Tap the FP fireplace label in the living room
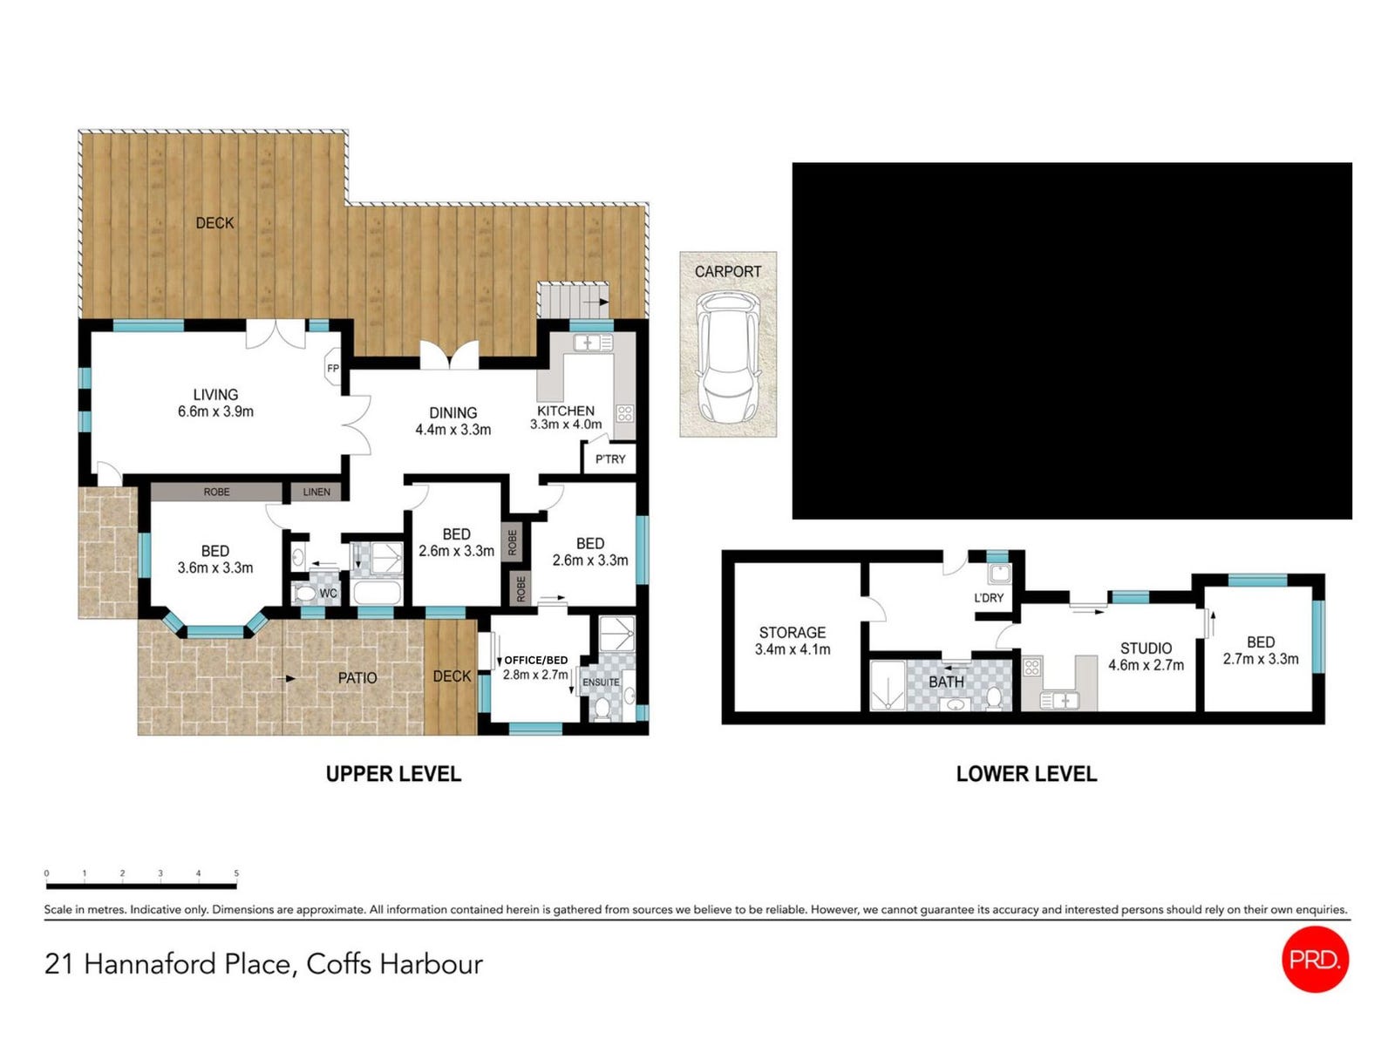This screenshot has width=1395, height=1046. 332,369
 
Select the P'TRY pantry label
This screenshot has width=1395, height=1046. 610,459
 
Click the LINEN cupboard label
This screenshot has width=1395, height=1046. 316,492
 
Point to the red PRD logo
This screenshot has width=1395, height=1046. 1315,960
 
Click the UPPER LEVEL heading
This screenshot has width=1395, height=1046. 393,774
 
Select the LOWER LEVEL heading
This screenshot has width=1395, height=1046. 1026,774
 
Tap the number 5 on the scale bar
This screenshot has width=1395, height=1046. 236,873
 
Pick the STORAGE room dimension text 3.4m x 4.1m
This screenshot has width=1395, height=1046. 793,649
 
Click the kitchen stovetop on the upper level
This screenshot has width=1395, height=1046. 624,414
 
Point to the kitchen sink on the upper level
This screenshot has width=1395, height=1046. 592,343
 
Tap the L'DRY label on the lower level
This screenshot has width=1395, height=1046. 988,598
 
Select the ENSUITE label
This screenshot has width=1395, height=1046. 601,683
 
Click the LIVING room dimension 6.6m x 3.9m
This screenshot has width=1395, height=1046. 215,411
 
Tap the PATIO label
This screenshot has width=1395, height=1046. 357,678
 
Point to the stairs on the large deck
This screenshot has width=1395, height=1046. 573,300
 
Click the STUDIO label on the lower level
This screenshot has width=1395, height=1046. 1146,649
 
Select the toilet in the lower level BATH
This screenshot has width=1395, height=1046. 994,698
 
